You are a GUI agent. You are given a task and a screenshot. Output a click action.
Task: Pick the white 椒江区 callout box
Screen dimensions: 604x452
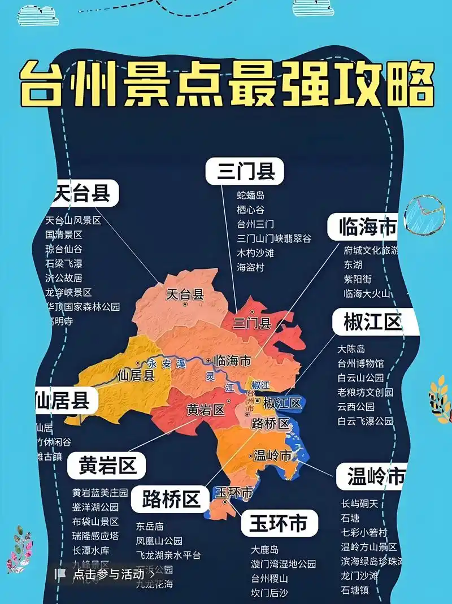pyautogui.click(x=373, y=323)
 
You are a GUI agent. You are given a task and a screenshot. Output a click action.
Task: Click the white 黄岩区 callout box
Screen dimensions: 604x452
pyautogui.click(x=107, y=466)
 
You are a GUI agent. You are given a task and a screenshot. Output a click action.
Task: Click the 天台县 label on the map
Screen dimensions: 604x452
pyautogui.click(x=185, y=294)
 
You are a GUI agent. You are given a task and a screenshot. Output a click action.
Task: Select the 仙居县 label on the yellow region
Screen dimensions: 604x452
pyautogui.click(x=136, y=375)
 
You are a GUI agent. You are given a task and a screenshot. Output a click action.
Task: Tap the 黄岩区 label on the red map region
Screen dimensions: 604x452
pyautogui.click(x=205, y=410)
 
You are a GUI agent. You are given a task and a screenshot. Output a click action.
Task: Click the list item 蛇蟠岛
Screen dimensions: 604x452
pyautogui.click(x=251, y=195)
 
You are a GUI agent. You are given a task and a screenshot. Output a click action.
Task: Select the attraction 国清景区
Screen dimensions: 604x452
pyautogui.click(x=64, y=234)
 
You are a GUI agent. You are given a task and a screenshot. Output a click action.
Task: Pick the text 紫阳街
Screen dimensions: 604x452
pyautogui.click(x=358, y=279)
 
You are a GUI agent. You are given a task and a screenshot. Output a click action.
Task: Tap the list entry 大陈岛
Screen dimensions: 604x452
pyautogui.click(x=351, y=349)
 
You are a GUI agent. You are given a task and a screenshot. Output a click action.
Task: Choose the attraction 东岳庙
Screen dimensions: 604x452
pyautogui.click(x=150, y=526)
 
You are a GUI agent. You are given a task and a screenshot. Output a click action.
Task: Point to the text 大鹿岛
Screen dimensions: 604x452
pyautogui.click(x=265, y=550)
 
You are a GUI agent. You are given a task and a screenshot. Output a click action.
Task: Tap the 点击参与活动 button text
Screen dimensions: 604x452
pyautogui.click(x=108, y=575)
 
